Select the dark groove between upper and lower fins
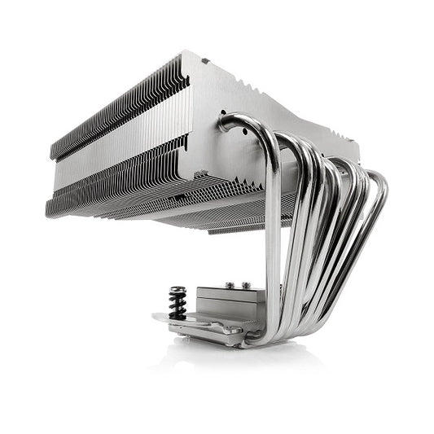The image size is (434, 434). point(122,151)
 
